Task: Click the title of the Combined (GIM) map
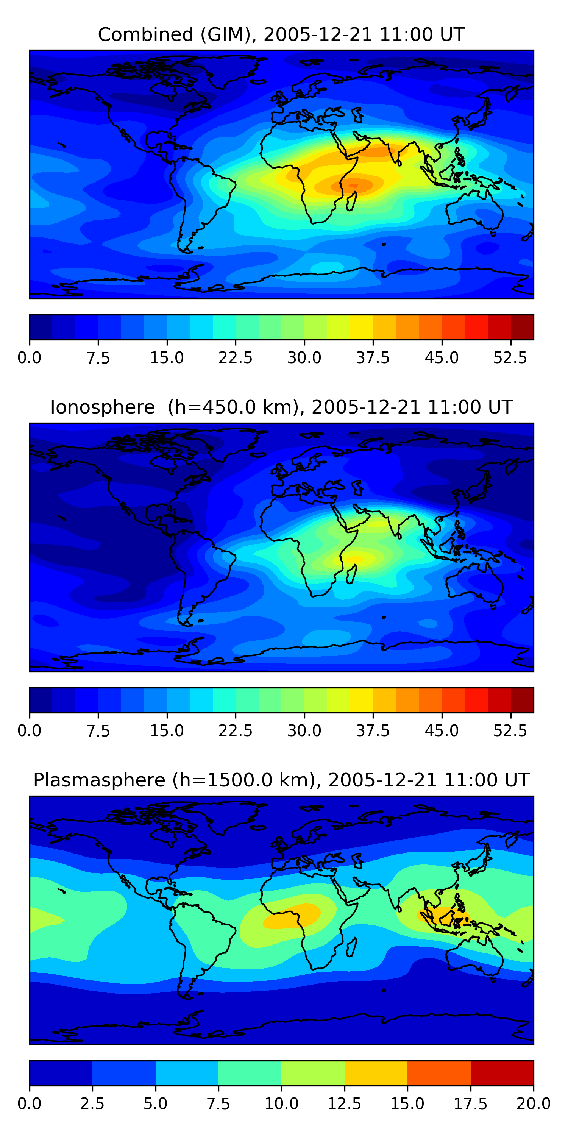point(281,34)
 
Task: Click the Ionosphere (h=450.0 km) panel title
point(281,407)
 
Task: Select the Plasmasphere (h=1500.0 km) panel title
point(281,780)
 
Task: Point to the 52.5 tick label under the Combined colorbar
point(510,357)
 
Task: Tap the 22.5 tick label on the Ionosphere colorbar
point(236,731)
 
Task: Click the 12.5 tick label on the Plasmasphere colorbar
point(345,1104)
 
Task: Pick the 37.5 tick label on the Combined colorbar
point(373,357)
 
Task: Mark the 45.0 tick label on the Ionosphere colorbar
point(442,731)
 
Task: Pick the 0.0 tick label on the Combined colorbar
point(30,357)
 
